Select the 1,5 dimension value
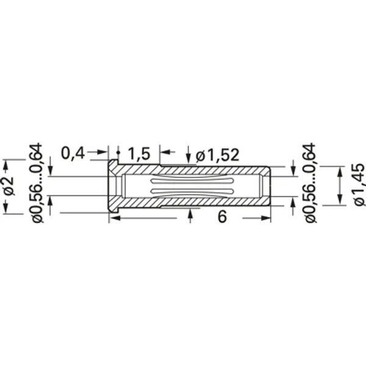coord(139,154)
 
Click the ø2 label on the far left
coord(8,187)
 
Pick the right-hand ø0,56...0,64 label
coord(310,183)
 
